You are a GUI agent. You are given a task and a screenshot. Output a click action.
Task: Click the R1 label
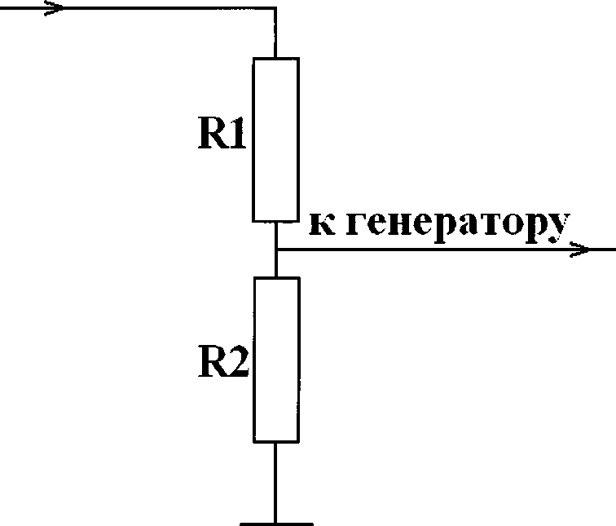coord(222,136)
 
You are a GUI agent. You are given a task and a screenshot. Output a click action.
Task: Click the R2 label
coord(222,365)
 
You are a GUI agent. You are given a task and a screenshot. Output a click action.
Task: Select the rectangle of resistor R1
coord(276,139)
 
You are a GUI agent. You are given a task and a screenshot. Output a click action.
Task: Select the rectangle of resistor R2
coord(276,360)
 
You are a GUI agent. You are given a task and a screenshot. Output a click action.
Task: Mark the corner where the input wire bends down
coord(276,9)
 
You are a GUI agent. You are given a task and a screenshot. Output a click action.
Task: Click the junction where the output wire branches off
coord(276,250)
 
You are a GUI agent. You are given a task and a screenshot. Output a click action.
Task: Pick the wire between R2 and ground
coord(276,482)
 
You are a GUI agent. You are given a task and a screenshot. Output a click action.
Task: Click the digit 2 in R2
coord(237,365)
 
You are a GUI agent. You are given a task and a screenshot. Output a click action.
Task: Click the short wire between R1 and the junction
coord(276,234)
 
